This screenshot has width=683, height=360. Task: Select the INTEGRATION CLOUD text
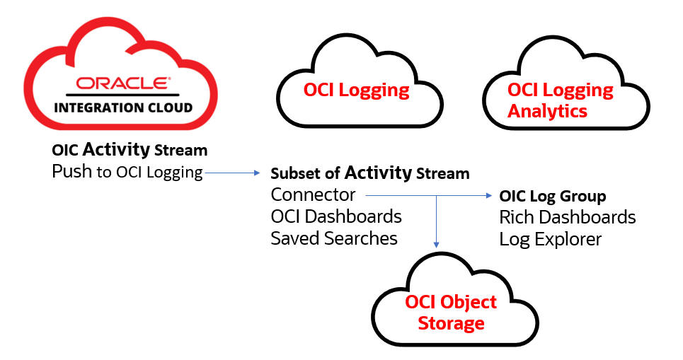[123, 108]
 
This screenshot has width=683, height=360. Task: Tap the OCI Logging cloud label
[356, 90]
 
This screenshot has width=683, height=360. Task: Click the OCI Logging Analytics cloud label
[560, 100]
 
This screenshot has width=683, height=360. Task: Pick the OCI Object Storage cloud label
[451, 313]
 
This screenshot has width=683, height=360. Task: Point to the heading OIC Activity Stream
[130, 150]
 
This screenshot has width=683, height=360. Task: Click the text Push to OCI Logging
[127, 172]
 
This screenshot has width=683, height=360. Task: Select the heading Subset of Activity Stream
[369, 173]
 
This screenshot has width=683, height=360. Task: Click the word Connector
[313, 194]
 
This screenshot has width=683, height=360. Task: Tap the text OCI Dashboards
[336, 216]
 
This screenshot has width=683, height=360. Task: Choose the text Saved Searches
[334, 238]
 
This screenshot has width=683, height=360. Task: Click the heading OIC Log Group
[552, 196]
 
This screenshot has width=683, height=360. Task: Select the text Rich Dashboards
[568, 217]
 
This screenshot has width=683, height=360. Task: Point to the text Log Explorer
[550, 239]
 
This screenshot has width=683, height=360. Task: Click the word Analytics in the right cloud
[547, 111]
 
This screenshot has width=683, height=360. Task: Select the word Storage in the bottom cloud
[451, 323]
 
